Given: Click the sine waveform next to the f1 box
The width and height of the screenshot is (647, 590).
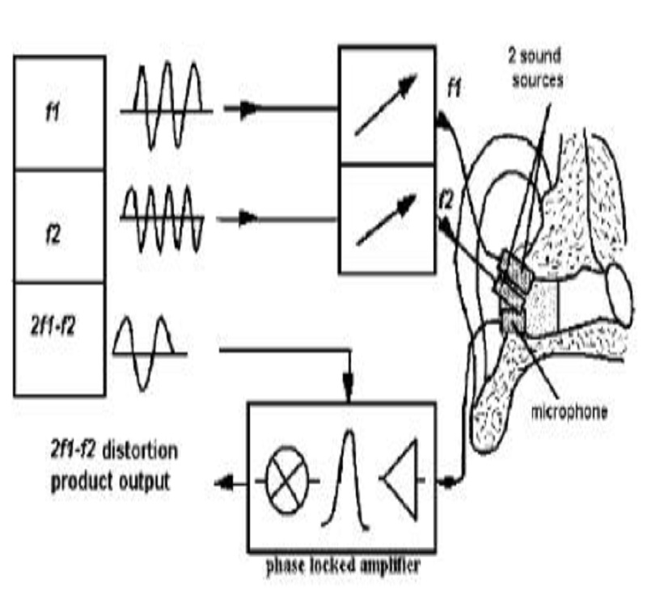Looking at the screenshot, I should click(x=167, y=107).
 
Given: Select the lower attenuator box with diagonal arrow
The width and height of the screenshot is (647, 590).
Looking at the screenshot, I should click(x=386, y=217).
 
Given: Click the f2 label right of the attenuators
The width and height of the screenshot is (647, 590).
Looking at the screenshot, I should click(x=444, y=196).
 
